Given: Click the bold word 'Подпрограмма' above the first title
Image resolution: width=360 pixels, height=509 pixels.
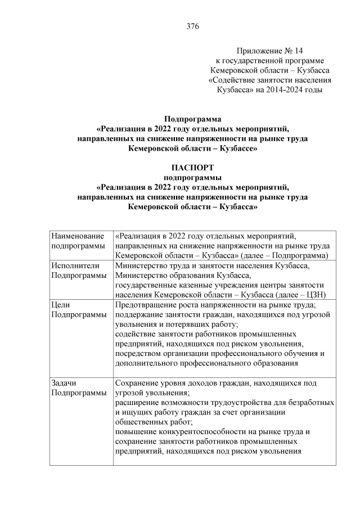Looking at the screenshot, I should [x=192, y=119].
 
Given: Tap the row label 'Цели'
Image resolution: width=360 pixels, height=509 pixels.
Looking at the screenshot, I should [x=60, y=304].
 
